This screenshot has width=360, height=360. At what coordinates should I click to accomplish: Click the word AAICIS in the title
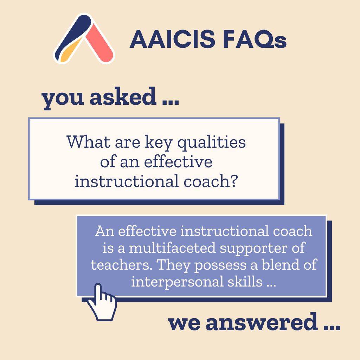coord(172,39)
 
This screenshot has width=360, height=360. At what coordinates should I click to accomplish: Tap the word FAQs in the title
coord(255,39)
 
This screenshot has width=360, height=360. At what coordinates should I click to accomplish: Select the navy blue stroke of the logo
coord(73,34)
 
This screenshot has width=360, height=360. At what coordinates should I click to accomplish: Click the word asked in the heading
coord(123,96)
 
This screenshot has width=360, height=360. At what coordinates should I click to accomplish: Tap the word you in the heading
coord(63,99)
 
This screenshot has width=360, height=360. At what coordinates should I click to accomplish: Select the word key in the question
coord(159,143)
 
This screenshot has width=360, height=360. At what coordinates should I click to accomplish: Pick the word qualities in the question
coord(211,143)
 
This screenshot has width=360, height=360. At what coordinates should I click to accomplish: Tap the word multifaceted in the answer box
coord(172,248)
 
